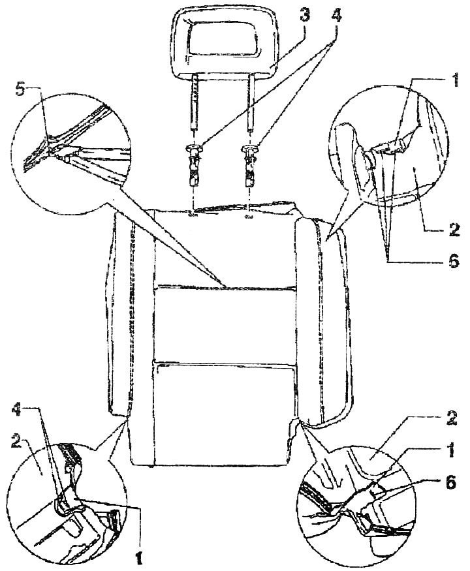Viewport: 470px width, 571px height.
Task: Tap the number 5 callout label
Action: click(21, 90)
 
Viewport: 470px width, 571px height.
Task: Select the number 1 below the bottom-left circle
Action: click(138, 559)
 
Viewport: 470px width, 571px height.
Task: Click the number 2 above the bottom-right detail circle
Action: click(450, 419)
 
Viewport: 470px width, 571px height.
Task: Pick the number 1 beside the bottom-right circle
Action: click(450, 451)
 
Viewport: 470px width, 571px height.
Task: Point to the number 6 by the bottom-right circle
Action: click(450, 483)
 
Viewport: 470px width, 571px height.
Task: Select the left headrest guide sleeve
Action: click(194, 164)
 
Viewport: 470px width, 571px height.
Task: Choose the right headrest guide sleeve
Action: click(250, 164)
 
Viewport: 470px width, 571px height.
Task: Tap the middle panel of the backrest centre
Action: click(225, 324)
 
